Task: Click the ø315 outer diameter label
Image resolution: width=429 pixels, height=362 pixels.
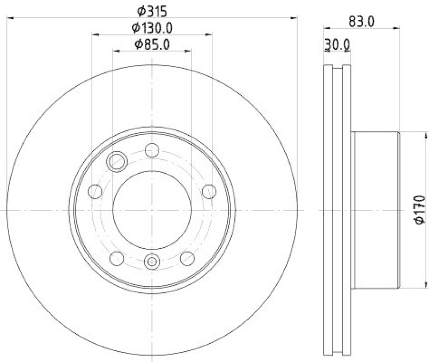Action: pos(152,10)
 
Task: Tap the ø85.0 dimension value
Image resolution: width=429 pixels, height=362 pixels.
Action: pos(152,45)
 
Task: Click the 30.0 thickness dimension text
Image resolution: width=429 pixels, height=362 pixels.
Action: pos(338,46)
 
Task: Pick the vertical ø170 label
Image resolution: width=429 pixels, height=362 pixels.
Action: pos(419,210)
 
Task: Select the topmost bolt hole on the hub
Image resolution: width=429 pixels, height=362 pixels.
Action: pos(152,151)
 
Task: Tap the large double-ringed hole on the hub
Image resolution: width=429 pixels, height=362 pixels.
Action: pos(116,160)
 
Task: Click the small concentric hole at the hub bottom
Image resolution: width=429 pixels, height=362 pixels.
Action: pos(152,262)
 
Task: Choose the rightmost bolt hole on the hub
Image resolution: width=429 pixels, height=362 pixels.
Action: pos(209,191)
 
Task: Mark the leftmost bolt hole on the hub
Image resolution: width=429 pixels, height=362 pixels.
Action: pos(95,191)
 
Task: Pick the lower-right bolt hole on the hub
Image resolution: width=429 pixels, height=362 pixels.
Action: pos(187,258)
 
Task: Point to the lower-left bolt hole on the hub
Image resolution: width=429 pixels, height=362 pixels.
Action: pos(117,258)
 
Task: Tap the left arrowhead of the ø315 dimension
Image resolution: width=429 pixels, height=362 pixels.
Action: pos(10,18)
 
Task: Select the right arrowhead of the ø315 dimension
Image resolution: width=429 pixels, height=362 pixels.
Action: pos(294,18)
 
